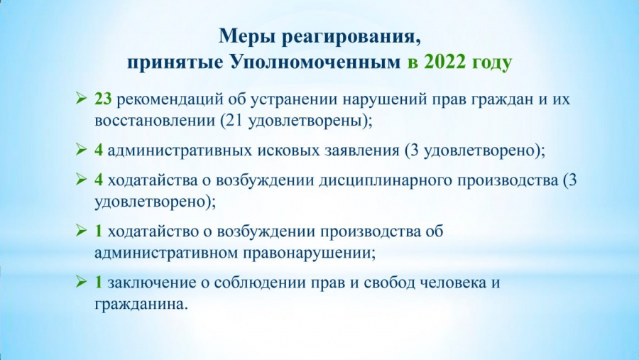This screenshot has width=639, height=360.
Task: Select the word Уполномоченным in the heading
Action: click(x=316, y=62)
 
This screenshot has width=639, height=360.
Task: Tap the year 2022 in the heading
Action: click(x=447, y=62)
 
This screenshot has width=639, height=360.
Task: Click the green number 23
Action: click(x=103, y=99)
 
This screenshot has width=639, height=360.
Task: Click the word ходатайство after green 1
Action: click(x=153, y=231)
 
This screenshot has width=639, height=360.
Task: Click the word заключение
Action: click(x=152, y=283)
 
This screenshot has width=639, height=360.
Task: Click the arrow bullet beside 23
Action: click(x=82, y=99)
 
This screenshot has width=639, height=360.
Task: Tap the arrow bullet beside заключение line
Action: click(x=82, y=282)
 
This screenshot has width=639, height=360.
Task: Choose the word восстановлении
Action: click(x=155, y=121)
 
